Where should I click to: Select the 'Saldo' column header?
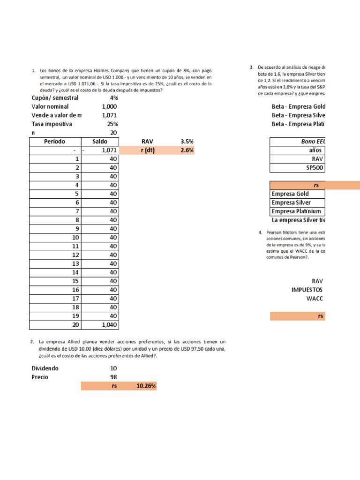coord(100,142)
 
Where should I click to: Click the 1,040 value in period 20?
coord(108,325)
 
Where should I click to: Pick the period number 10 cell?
coord(75,237)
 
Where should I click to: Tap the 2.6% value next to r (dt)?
coord(187,150)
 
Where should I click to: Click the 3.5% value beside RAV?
coord(187,142)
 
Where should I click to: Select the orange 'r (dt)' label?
coord(150,150)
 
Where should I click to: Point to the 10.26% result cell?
coord(145,386)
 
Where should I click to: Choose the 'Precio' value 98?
coord(113,377)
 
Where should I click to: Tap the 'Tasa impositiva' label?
coord(52,124)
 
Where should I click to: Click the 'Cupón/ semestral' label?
coord(55,98)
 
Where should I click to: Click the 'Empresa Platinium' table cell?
coord(297,211)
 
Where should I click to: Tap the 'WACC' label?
coord(315,299)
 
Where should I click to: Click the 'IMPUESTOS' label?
coord(307,290)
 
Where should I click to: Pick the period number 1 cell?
coord(76,159)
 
